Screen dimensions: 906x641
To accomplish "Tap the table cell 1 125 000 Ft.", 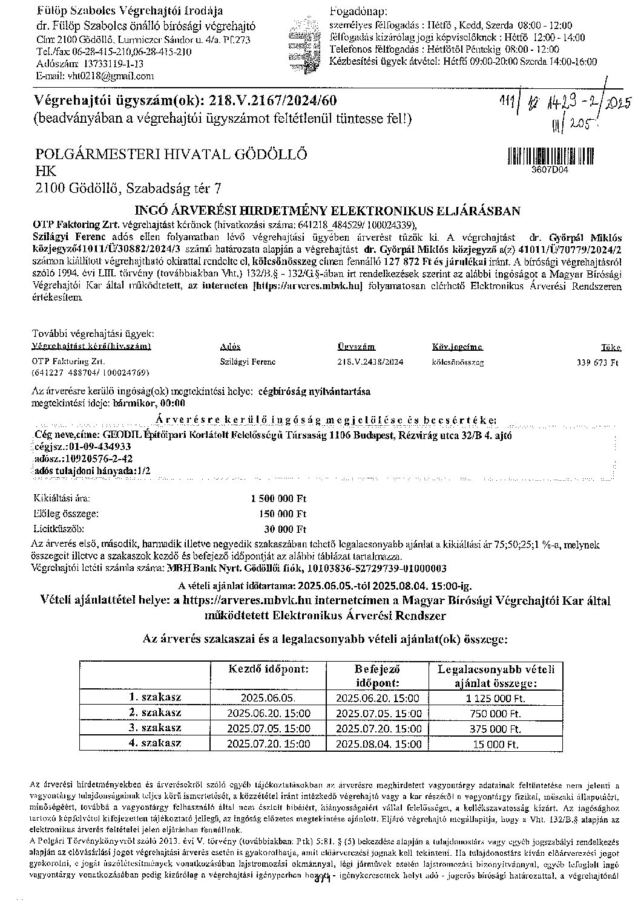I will (495, 698).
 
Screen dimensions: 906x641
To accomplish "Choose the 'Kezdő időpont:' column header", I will (268, 670).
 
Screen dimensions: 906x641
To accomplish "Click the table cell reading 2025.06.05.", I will (268, 698).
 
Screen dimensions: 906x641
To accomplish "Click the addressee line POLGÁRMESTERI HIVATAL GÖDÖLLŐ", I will (171, 154).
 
